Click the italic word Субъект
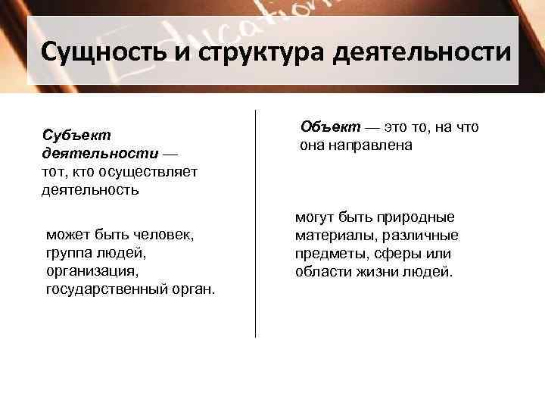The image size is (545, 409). click(76, 135)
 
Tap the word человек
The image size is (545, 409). click(163, 235)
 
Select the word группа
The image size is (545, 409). click(71, 253)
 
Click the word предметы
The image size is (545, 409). click(330, 254)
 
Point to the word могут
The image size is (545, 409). click(315, 217)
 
